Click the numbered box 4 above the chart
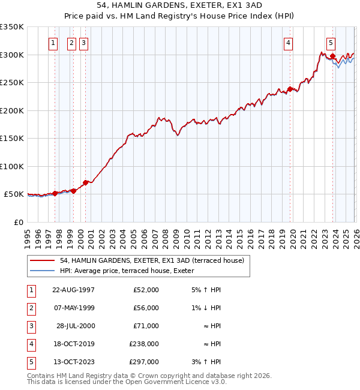click(x=289, y=43)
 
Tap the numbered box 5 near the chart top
click(x=331, y=43)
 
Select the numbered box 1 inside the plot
click(x=53, y=43)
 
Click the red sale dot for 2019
click(x=290, y=89)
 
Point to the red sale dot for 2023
click(x=332, y=57)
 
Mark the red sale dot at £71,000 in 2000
click(x=85, y=182)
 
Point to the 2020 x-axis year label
click(x=292, y=234)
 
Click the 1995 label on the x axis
click(x=28, y=234)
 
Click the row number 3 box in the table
click(x=29, y=326)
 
